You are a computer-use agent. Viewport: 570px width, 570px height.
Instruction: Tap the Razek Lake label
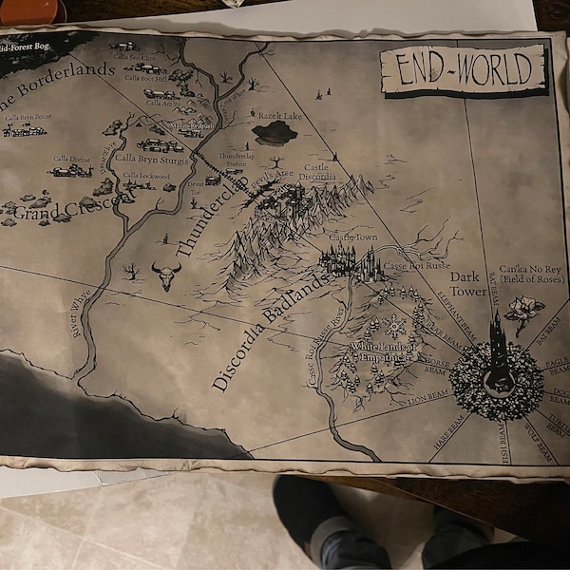point(278,115)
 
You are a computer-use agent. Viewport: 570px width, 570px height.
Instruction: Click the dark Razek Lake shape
point(275,132)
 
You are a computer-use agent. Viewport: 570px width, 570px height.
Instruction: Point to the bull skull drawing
point(166,276)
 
